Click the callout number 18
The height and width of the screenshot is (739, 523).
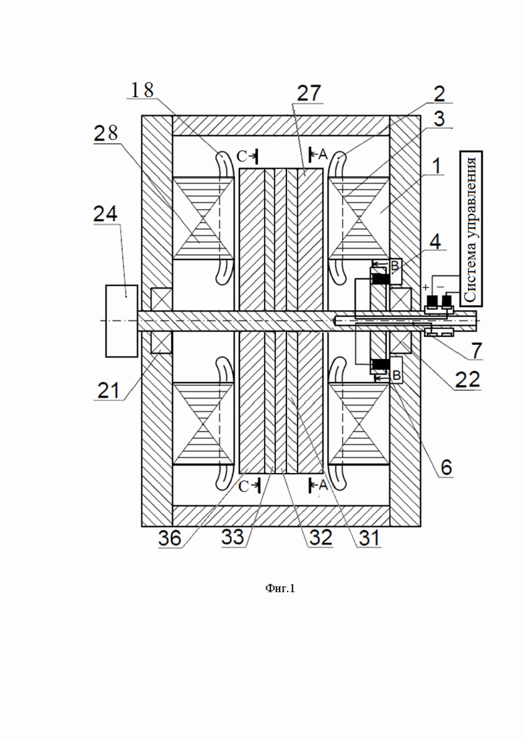(142, 90)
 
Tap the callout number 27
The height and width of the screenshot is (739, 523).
(309, 93)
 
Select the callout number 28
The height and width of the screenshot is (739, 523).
(106, 133)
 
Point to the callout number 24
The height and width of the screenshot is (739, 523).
(106, 214)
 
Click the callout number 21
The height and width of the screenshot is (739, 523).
(109, 390)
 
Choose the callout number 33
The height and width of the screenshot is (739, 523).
(233, 537)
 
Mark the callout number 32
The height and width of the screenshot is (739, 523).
(321, 537)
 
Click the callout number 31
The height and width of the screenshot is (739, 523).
(369, 537)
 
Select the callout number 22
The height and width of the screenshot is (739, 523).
(467, 379)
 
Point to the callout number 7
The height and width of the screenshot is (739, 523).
(476, 350)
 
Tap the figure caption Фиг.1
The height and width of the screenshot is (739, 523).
(280, 588)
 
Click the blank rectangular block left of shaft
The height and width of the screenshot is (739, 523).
(121, 320)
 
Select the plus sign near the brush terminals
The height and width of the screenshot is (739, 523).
(426, 287)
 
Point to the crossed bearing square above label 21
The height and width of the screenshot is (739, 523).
(162, 299)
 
